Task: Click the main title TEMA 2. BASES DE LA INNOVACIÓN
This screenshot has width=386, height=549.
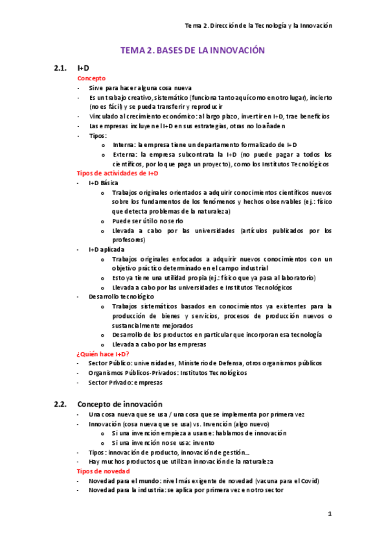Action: (x=193, y=50)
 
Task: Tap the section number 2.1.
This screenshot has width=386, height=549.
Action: (x=61, y=68)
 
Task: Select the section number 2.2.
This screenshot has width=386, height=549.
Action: (x=61, y=404)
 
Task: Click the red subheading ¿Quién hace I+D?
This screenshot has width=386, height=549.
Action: (x=102, y=354)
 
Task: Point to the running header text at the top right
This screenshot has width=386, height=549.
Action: (x=258, y=25)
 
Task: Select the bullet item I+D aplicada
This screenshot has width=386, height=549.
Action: (x=106, y=249)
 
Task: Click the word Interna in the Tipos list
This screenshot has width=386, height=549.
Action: (x=123, y=145)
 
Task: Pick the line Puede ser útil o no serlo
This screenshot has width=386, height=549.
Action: (x=147, y=221)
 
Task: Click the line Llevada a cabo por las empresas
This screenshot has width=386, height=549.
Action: (x=159, y=344)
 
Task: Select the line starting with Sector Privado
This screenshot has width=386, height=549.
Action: (x=125, y=383)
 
